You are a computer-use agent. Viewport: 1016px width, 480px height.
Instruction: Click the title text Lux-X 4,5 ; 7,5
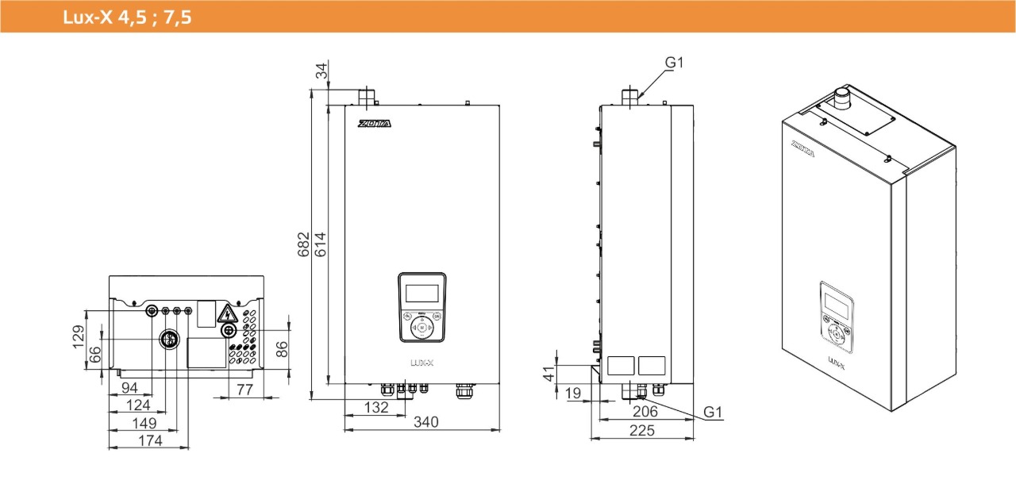(127, 17)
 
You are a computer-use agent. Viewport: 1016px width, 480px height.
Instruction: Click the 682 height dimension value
(302, 244)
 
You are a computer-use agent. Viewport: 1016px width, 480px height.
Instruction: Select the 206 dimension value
(646, 411)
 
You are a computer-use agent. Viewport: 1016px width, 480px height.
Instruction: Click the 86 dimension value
(283, 349)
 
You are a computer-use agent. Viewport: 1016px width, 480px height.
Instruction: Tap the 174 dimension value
(149, 440)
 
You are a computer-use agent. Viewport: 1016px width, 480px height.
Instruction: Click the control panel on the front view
(421, 307)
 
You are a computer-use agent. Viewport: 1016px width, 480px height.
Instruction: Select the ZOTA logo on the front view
(373, 125)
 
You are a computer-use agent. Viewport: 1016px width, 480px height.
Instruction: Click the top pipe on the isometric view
(840, 99)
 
